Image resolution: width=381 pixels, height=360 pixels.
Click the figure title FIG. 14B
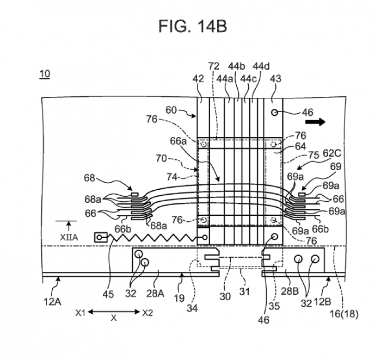(191, 26)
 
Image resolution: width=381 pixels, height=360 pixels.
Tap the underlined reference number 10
(44, 75)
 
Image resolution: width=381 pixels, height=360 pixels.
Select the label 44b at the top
(237, 66)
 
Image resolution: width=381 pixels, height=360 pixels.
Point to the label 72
(214, 66)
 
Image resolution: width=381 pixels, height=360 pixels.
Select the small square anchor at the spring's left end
(100, 237)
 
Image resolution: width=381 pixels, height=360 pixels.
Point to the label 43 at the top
(275, 79)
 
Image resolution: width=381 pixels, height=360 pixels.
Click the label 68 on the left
(90, 178)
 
